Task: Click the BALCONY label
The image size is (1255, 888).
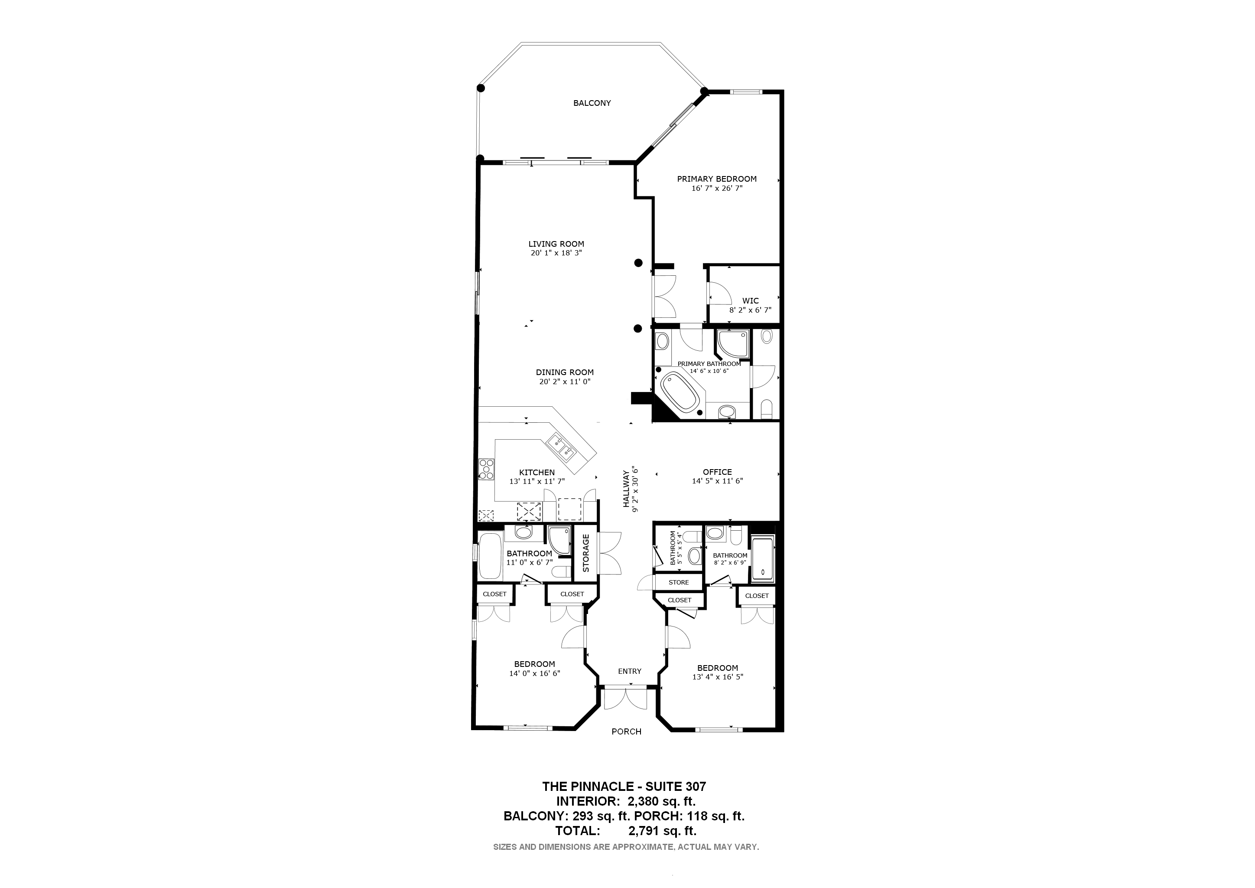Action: click(592, 103)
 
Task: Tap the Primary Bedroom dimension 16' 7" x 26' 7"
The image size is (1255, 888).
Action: click(717, 188)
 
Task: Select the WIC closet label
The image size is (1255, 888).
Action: click(750, 301)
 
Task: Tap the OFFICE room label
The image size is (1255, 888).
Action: click(717, 472)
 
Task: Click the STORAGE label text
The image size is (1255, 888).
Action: click(586, 553)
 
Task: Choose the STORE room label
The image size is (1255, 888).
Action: click(679, 582)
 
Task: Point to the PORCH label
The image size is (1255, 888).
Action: click(626, 731)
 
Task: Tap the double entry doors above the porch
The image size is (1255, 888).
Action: click(625, 699)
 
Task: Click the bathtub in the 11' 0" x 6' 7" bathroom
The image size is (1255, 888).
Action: click(490, 557)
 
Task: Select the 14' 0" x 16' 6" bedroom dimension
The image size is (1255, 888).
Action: click(535, 674)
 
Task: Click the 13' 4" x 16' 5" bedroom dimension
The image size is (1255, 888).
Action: click(717, 677)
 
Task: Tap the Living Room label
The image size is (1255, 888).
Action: click(556, 244)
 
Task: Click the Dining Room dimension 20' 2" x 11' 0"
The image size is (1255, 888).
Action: click(565, 382)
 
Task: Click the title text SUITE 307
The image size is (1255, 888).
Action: click(676, 787)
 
